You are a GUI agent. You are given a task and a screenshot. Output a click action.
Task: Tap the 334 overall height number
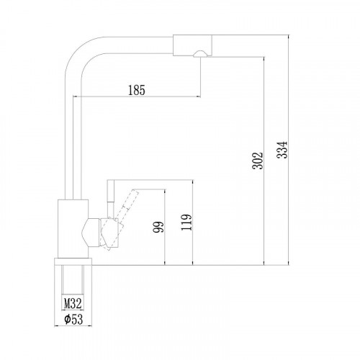pos(284,148)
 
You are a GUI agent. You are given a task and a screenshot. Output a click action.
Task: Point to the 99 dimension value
pos(158,228)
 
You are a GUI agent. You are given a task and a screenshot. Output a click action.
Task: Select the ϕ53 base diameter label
pos(72,320)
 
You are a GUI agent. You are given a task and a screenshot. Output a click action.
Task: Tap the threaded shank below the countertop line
pos(72,277)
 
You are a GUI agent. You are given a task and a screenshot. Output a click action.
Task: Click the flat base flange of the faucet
pos(72,260)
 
